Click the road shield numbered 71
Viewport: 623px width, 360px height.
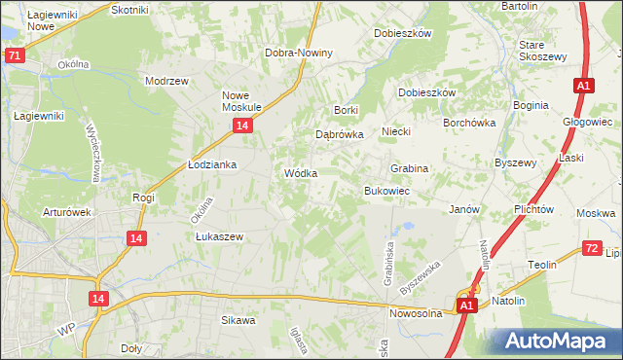click(14, 55)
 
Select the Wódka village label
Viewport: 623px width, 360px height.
click(301, 173)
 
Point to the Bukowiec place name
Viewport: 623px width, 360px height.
click(385, 191)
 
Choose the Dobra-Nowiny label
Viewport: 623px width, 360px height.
click(299, 53)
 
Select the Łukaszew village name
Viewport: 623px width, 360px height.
click(218, 236)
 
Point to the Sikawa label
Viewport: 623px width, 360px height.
click(238, 319)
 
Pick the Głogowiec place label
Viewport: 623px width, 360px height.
click(587, 122)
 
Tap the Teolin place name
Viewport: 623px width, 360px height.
click(542, 265)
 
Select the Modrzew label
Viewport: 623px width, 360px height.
click(165, 82)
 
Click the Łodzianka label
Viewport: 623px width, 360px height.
click(212, 165)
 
